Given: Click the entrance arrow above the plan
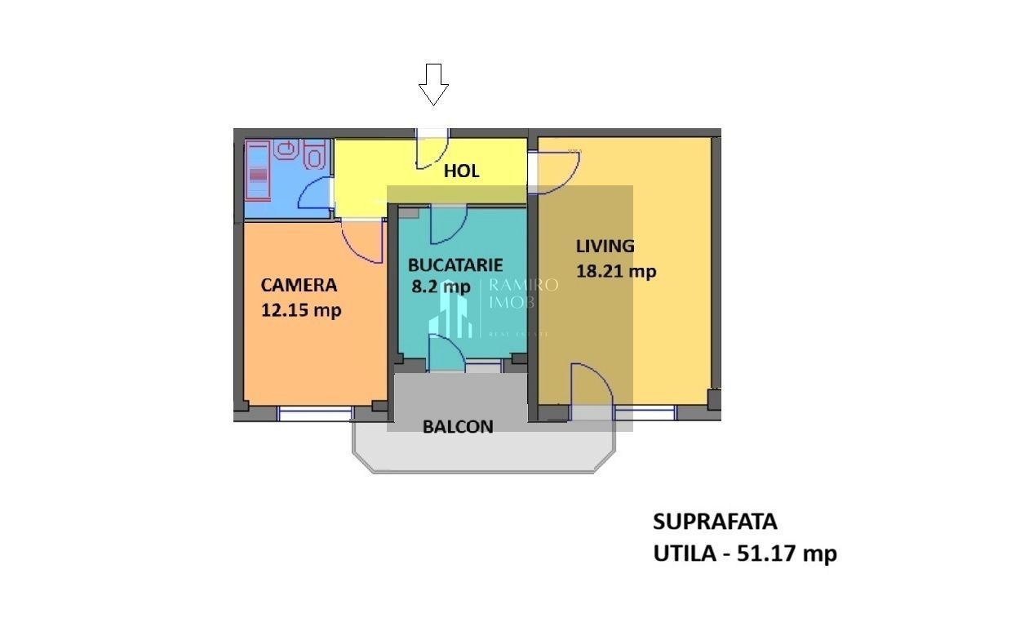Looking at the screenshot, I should [433, 84].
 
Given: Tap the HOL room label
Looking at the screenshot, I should [461, 171].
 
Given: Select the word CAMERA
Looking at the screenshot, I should [299, 285].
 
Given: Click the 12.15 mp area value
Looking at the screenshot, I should [300, 310].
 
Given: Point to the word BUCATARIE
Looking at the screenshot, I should [455, 265].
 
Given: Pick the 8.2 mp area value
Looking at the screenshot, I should [441, 287].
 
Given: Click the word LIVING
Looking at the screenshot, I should [605, 246].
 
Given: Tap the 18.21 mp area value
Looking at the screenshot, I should [616, 271].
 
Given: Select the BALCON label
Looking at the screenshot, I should [458, 426].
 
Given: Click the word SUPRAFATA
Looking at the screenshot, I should [715, 522].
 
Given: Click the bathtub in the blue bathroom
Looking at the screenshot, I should [258, 171].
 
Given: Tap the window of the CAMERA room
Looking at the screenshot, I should [315, 413].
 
